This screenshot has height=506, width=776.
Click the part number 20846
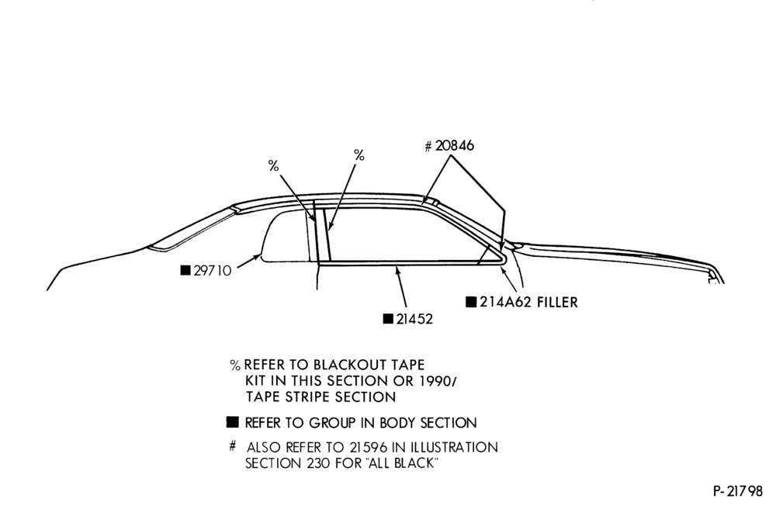[455, 146]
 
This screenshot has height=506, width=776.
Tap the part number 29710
[213, 271]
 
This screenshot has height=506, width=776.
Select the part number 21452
[414, 319]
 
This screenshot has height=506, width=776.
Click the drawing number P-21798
[739, 491]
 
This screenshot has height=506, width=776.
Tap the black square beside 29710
[185, 270]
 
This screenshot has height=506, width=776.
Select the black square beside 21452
[389, 318]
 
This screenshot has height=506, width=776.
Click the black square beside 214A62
[472, 302]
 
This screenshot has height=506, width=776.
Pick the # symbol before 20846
[428, 147]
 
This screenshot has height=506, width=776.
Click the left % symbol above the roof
[273, 166]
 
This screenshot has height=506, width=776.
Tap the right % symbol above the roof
[359, 155]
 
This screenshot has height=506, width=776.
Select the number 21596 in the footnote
[368, 448]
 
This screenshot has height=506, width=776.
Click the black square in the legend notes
[233, 422]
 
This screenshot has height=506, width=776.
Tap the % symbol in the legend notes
[236, 366]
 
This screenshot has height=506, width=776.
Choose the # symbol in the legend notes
[233, 446]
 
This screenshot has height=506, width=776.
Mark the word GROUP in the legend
[332, 423]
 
